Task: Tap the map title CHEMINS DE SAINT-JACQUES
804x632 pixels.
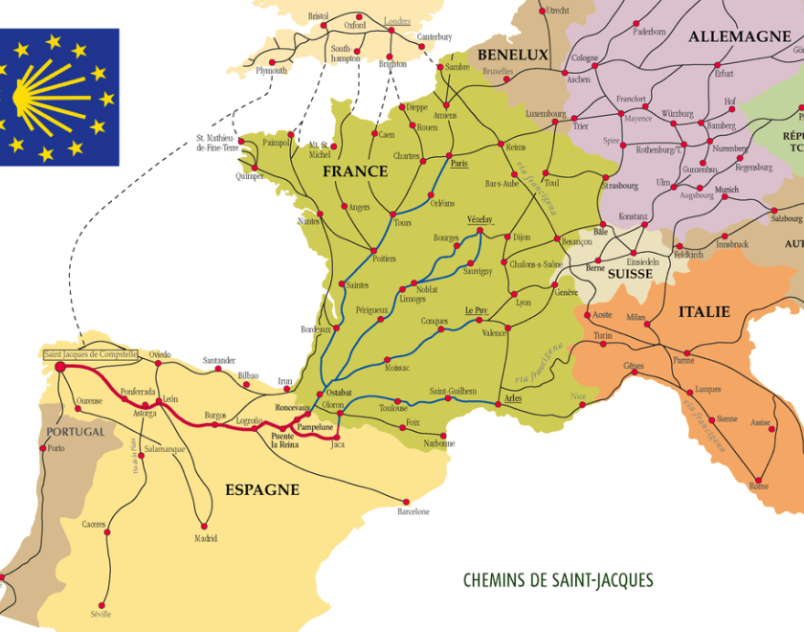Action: coord(558,580)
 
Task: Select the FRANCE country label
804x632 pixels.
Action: coord(355,171)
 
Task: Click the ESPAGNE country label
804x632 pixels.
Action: coord(262,489)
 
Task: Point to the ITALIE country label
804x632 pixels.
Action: coord(703,312)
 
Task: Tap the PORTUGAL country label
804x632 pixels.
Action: coord(75,432)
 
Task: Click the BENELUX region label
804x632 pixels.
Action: coord(513,55)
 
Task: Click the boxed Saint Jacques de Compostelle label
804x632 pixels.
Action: coord(91,354)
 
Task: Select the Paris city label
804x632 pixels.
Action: coord(459,164)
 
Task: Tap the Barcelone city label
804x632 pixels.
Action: coord(413,511)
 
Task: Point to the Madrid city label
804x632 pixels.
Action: coord(206,537)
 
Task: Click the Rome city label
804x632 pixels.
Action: coord(758,486)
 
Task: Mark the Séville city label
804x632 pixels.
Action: coord(100,614)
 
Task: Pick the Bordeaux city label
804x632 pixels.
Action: coord(315,329)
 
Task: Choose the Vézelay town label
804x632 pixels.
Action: coord(480,219)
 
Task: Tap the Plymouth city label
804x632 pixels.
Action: coord(271,71)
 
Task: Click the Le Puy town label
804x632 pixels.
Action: coord(477,310)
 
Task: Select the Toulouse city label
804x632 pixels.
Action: coord(392,408)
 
